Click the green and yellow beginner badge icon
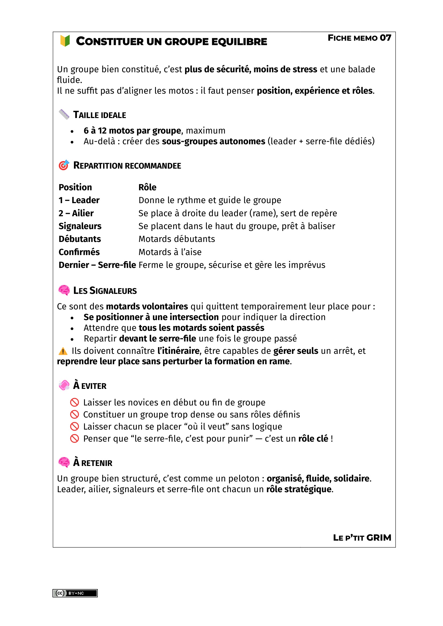click(65, 41)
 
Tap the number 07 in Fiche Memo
click(385, 38)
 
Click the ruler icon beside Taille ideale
click(64, 114)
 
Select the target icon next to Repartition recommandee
click(64, 165)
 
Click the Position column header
click(75, 187)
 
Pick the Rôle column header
click(147, 187)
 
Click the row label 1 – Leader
click(79, 200)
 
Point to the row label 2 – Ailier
click(76, 213)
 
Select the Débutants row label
click(80, 239)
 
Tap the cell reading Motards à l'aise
click(170, 252)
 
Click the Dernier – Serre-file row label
click(97, 265)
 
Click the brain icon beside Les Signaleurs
click(64, 290)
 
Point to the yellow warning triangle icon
click(63, 351)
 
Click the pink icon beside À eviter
click(64, 385)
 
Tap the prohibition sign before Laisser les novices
click(74, 403)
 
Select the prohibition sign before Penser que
click(74, 439)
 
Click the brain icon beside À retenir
click(64, 462)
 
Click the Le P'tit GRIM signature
click(362, 538)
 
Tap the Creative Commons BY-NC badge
click(75, 593)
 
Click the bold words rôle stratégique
click(299, 490)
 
